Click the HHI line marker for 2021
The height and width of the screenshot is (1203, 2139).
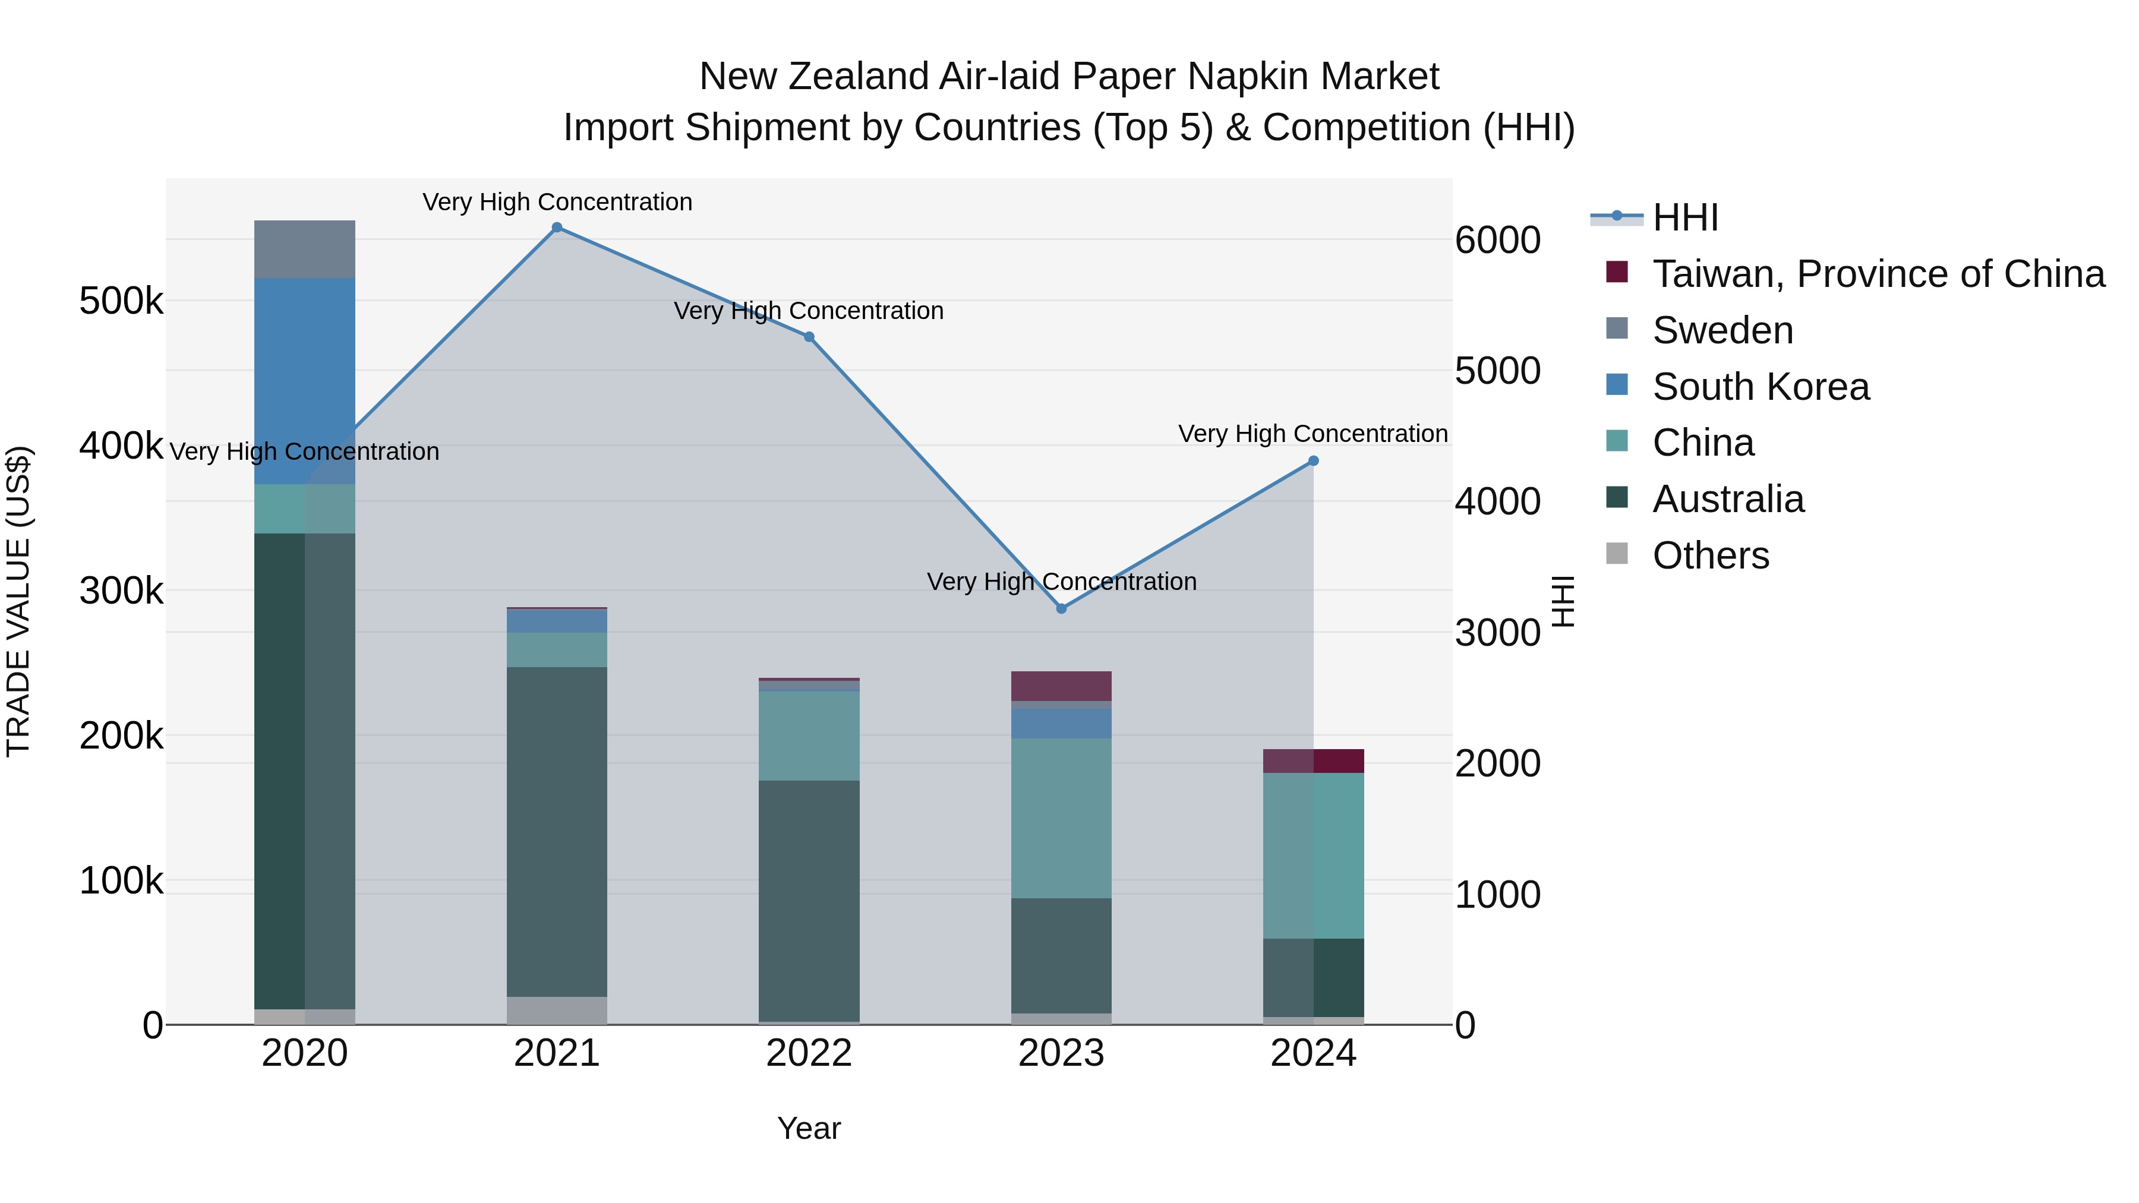pos(557,228)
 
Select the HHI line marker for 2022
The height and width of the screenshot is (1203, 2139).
pos(810,337)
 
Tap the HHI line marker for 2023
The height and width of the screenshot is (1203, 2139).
pos(1061,608)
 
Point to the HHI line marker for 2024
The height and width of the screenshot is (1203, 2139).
pos(1314,461)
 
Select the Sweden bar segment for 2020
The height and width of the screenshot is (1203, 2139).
pos(305,249)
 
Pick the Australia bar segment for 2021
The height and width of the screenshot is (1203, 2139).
pos(557,831)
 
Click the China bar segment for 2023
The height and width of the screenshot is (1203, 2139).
pos(1061,818)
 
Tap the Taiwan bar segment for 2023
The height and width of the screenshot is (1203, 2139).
pos(1061,686)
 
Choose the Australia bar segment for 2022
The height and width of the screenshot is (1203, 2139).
pos(810,901)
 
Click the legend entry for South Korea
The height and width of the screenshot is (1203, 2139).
pos(1761,387)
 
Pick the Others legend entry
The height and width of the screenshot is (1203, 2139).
pos(1711,555)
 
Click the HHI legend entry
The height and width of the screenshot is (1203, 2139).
pos(1685,217)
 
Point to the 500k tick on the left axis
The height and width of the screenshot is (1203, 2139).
pos(121,301)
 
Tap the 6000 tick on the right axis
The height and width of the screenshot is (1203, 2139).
pos(1498,240)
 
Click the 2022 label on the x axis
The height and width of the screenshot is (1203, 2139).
pos(810,1053)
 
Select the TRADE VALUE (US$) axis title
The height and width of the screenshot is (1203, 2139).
pos(18,601)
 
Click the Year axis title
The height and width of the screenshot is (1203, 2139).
pos(810,1128)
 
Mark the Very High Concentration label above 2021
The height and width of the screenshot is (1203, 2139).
pos(557,202)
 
